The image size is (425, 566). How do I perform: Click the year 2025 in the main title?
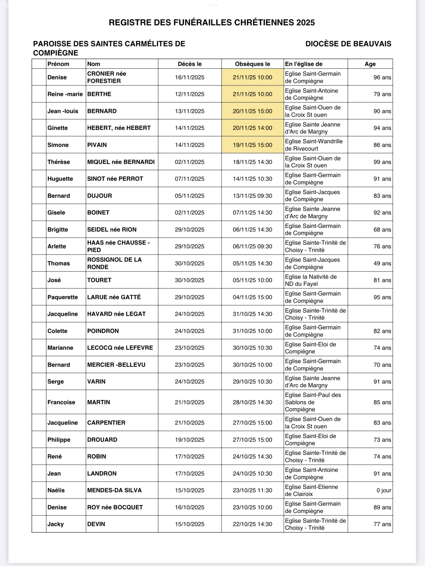[306, 23]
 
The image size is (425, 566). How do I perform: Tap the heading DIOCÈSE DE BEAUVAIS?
[348, 44]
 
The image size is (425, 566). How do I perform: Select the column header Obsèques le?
[252, 64]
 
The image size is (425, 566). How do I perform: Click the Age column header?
[370, 64]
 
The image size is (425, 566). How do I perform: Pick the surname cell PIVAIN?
[97, 145]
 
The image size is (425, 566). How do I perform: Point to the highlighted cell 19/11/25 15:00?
[252, 145]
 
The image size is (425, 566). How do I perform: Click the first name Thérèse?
[59, 162]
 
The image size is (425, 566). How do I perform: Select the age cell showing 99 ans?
[382, 162]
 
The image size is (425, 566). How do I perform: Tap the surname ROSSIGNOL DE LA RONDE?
[114, 263]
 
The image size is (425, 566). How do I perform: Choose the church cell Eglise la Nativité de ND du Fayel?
[311, 280]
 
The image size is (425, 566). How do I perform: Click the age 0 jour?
[384, 490]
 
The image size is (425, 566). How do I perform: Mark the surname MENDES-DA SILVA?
[114, 490]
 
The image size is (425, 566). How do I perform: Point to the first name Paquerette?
[63, 297]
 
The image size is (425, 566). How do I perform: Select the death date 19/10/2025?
[189, 440]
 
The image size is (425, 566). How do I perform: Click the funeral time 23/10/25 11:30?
[252, 490]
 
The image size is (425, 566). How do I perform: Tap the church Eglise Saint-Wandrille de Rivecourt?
[314, 145]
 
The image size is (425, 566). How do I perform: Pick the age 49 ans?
[382, 263]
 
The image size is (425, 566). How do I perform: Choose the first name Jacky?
[55, 524]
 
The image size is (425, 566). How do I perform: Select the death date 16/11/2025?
[189, 77]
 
